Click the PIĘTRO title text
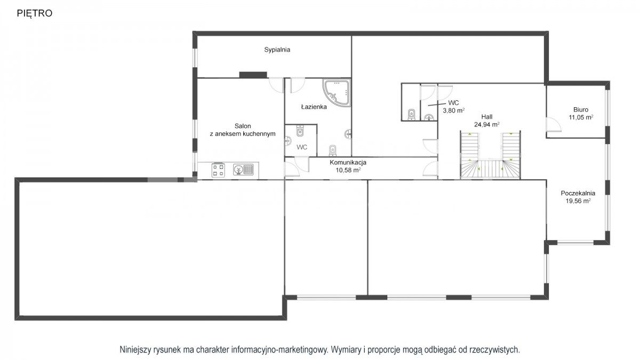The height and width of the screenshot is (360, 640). click(35, 13)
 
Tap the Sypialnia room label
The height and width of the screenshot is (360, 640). click(277, 50)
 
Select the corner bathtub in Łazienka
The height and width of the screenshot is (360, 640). click(337, 92)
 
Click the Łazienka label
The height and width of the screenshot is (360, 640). click(314, 107)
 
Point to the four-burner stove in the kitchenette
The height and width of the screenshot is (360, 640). click(218, 170)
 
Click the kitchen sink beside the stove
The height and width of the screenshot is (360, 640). click(243, 170)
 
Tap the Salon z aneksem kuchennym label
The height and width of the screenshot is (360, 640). click(243, 130)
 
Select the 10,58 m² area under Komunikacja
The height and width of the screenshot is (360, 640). click(348, 170)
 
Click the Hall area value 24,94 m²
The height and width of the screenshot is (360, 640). click(487, 124)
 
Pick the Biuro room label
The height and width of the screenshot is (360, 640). click(581, 110)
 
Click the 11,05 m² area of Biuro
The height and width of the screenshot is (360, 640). click(581, 117)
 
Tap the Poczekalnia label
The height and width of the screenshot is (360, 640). click(578, 193)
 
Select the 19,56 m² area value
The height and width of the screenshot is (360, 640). click(578, 201)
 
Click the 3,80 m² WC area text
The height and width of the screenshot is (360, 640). click(454, 110)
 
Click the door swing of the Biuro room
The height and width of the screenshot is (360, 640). click(553, 124)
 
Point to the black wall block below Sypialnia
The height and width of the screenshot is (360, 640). click(253, 75)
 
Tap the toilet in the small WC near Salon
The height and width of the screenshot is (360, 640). click(300, 131)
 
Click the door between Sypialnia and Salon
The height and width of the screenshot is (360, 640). click(276, 85)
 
